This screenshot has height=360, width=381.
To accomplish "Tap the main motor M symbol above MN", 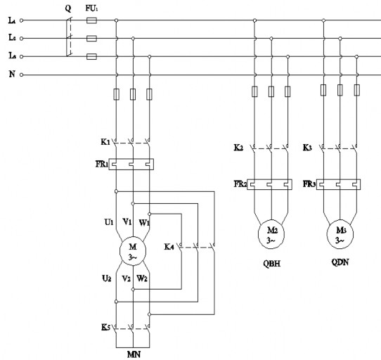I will pyautogui.click(x=132, y=250).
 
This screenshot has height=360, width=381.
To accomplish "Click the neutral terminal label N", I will pyautogui.click(x=12, y=74).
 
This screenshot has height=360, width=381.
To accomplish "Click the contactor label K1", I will pyautogui.click(x=105, y=141).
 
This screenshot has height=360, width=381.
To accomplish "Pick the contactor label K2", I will pyautogui.click(x=238, y=148).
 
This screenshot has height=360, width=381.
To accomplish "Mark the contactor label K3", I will pyautogui.click(x=306, y=148).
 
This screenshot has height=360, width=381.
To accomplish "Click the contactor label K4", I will pyautogui.click(x=169, y=246).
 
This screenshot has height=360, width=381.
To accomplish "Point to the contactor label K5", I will pyautogui.click(x=105, y=327).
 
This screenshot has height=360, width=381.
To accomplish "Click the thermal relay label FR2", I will pyautogui.click(x=240, y=184).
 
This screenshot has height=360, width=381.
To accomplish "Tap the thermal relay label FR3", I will pyautogui.click(x=309, y=184).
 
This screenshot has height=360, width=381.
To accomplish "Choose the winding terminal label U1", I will pyautogui.click(x=108, y=222).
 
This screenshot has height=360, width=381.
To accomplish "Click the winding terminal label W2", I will pyautogui.click(x=142, y=278).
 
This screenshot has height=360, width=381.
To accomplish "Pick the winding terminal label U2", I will pyautogui.click(x=108, y=278).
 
